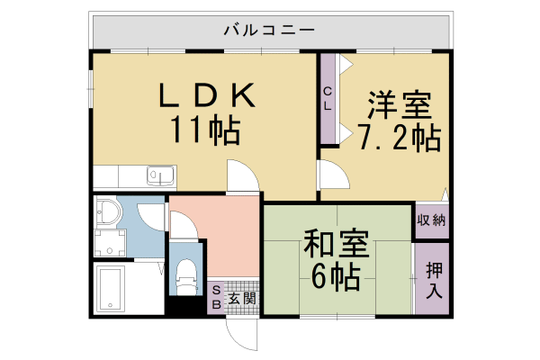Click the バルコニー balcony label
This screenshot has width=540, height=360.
(269, 30)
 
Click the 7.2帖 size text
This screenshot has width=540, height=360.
(398, 139)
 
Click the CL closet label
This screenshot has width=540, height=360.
(328, 96)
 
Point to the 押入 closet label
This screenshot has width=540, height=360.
(433, 279)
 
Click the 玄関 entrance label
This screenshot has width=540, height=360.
(241, 298)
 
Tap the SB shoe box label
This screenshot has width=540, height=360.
(216, 297)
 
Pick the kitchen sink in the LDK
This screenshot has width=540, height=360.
(161, 175)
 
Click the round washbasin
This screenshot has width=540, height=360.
(108, 212)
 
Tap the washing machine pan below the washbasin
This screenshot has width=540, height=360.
(112, 241)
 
